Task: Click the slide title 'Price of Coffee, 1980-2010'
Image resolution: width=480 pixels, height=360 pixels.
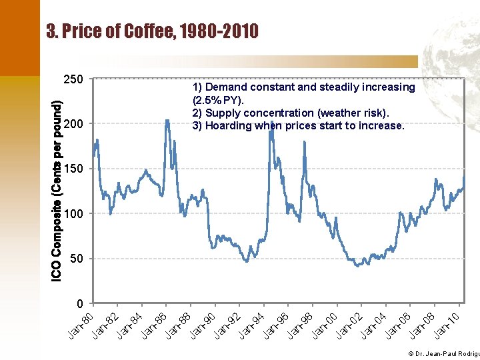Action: [x=153, y=31]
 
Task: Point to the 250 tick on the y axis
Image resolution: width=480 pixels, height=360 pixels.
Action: [x=73, y=79]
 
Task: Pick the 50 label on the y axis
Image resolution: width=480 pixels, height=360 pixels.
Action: [x=76, y=259]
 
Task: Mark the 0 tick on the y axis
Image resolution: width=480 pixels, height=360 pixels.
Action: [x=79, y=304]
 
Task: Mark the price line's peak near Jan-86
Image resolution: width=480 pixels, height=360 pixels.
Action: [x=166, y=121]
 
